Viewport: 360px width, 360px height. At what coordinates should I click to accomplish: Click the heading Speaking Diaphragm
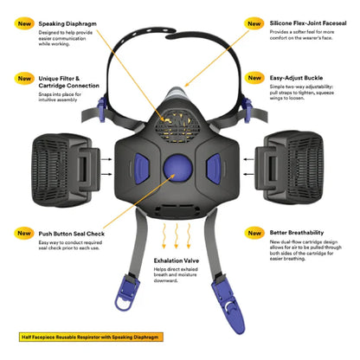[x=70, y=25]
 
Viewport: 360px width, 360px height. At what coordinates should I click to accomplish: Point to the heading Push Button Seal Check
[x=71, y=233]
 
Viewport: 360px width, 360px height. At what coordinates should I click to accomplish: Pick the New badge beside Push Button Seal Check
[x=22, y=233]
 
